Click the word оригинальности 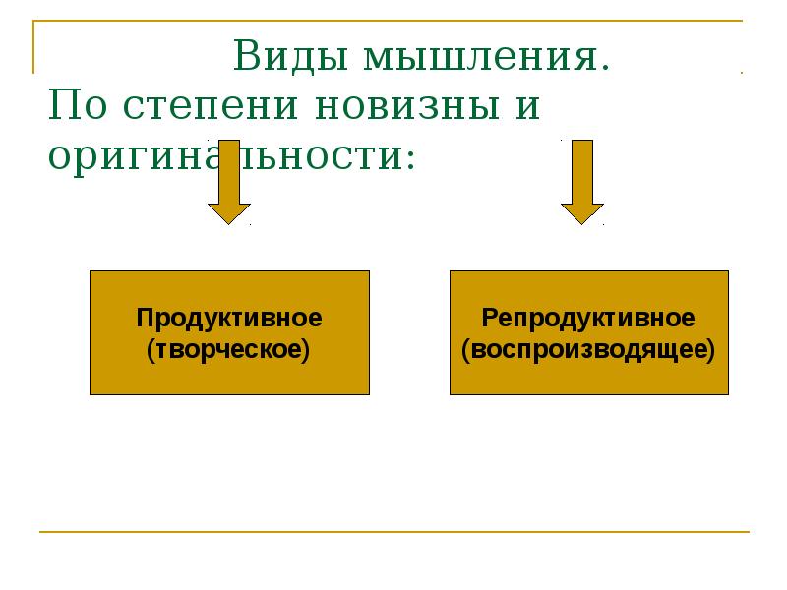click(x=226, y=157)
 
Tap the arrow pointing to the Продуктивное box click(x=229, y=182)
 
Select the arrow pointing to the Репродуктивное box click(x=582, y=182)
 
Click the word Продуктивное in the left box click(x=229, y=318)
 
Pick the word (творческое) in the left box click(x=229, y=348)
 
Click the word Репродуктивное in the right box click(x=589, y=318)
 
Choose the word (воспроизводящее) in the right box click(x=589, y=348)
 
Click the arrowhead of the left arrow click(x=229, y=212)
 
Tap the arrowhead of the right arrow click(x=582, y=212)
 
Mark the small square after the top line click(x=741, y=71)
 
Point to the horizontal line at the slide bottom click(x=393, y=532)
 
